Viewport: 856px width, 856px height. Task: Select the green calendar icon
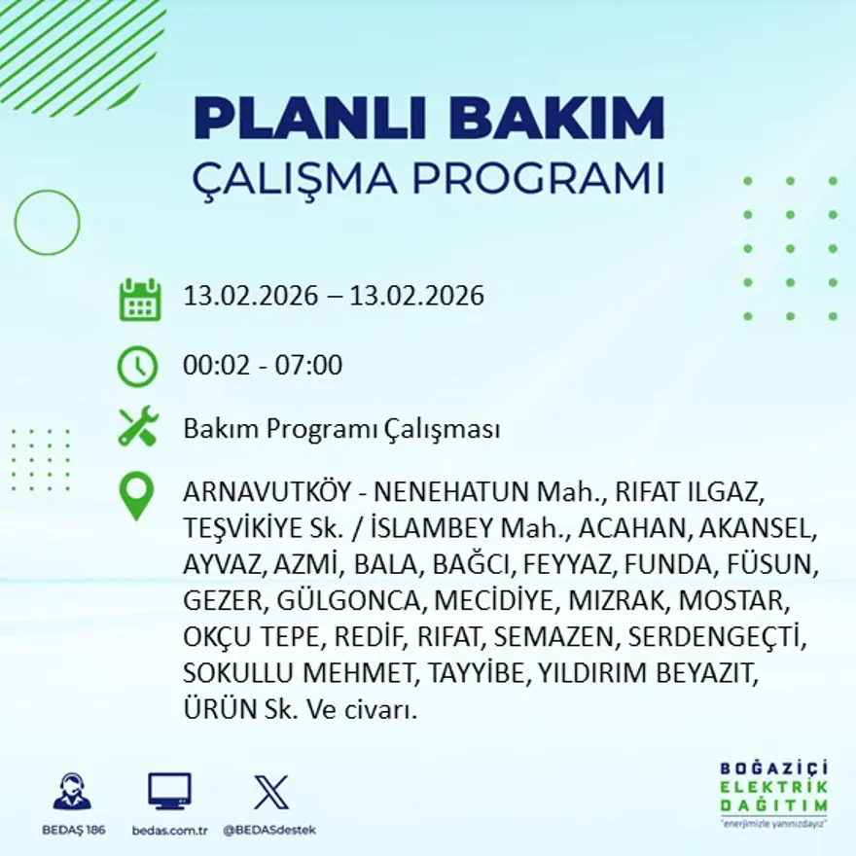click(x=140, y=300)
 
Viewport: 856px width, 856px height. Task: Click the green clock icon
click(x=137, y=367)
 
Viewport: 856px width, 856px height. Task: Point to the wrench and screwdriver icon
click(x=138, y=428)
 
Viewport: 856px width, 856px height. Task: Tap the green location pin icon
click(x=136, y=495)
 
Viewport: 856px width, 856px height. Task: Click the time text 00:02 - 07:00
click(x=263, y=366)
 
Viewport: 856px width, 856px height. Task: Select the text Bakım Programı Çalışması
click(x=341, y=429)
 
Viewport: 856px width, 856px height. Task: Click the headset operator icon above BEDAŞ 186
click(x=73, y=792)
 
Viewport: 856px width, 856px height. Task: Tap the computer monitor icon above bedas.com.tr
click(x=169, y=792)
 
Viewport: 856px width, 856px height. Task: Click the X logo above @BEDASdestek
click(x=270, y=792)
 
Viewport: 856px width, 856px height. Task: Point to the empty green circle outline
click(x=47, y=223)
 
